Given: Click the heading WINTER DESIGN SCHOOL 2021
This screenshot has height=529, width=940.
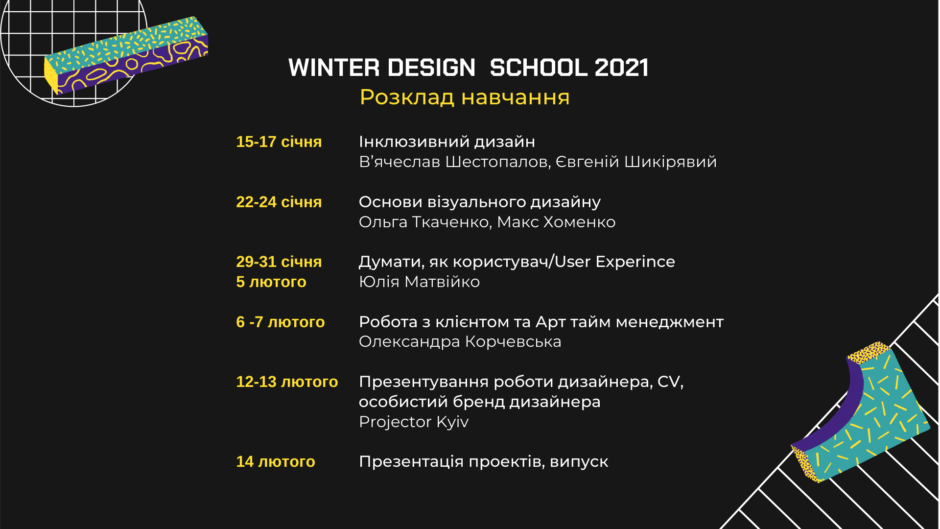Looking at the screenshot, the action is tap(468, 68).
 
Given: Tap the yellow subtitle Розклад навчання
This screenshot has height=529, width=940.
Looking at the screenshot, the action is tap(465, 97).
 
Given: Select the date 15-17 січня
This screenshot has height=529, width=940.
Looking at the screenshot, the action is tap(279, 142).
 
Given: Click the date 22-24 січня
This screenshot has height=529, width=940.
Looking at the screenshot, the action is tap(279, 202).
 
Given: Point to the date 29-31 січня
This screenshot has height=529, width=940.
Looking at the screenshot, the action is tap(279, 262).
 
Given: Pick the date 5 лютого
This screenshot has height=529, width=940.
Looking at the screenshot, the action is tap(271, 282).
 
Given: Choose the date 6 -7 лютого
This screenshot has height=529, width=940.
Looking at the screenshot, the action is tap(280, 322).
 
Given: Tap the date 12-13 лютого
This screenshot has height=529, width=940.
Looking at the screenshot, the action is tap(287, 382).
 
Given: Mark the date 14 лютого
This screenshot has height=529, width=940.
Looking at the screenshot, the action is tap(275, 462).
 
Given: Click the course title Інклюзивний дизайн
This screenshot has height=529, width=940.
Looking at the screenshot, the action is tap(447, 142).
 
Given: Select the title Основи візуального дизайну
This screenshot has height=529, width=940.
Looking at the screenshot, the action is tap(480, 202).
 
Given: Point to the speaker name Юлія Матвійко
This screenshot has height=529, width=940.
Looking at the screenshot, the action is tap(419, 282).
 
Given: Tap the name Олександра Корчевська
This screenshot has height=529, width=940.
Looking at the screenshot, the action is tap(460, 342).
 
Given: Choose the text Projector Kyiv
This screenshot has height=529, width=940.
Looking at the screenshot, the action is tap(414, 422).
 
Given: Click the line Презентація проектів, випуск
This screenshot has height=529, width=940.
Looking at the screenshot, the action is tap(483, 462).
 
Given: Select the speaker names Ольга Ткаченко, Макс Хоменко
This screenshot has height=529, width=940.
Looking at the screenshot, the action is tap(487, 222).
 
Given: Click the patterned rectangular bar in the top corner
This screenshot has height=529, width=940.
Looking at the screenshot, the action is tap(126, 55).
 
